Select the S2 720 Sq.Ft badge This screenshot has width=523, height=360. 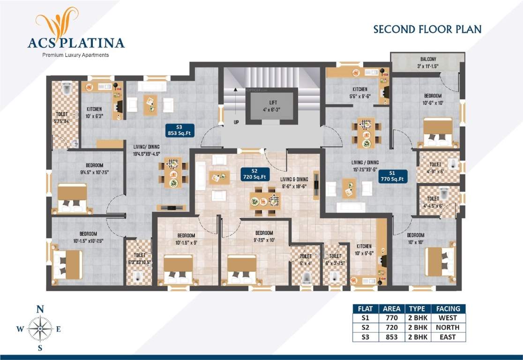click(254, 174)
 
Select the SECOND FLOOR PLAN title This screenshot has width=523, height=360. click(427, 30)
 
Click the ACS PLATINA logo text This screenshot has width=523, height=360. click(76, 43)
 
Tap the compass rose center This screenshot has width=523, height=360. click(40, 329)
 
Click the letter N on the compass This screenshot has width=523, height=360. click(40, 309)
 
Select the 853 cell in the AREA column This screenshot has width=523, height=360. click(391, 337)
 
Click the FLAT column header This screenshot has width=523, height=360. click(365, 308)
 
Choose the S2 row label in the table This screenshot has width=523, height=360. click(365, 328)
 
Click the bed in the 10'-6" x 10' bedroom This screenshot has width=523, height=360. click(438, 132)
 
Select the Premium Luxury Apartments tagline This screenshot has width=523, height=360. click(75, 55)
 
